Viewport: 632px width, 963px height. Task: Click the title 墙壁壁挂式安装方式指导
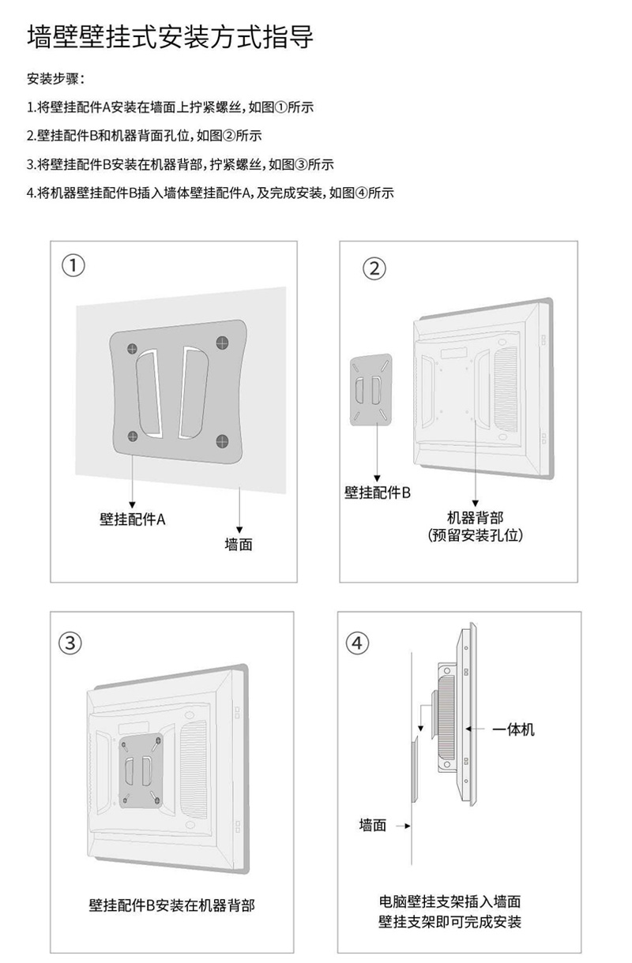click(x=170, y=37)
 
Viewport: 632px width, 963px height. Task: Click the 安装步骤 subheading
click(x=55, y=79)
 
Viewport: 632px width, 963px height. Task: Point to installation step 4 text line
click(x=209, y=193)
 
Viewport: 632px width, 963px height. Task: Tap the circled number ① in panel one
click(x=73, y=266)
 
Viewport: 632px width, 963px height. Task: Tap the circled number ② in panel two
click(x=374, y=268)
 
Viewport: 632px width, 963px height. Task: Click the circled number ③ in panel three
click(x=71, y=642)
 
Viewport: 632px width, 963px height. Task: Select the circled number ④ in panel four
click(x=358, y=643)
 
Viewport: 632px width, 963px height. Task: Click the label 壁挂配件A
click(x=132, y=519)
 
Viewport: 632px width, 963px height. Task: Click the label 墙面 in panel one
click(x=239, y=545)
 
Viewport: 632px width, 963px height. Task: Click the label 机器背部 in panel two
click(x=475, y=518)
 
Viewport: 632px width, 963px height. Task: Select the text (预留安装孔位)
click(x=475, y=536)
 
